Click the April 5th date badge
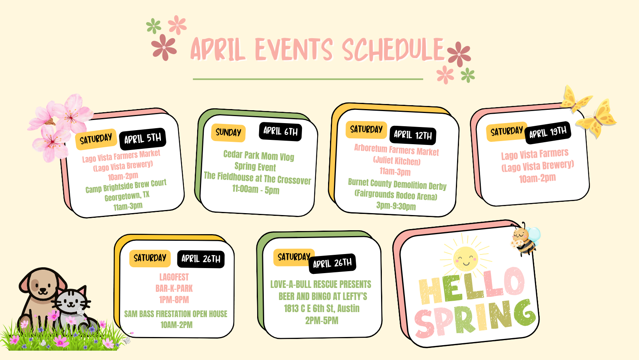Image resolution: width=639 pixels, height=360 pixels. pos(143,139)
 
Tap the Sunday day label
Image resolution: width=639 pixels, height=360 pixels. pos(228,132)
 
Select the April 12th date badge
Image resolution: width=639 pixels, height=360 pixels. pos(413,135)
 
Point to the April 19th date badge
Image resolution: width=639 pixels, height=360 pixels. pos(548,132)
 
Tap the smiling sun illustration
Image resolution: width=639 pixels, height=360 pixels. pos(466,258)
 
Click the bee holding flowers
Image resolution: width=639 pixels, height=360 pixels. pos(525,239)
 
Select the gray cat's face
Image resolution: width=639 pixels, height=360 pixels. pos(72,302)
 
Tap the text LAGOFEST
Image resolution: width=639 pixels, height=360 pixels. pos(174,277)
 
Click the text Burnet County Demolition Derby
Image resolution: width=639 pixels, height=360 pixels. pos(397,184)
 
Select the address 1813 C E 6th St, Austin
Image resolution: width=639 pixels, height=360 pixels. pos(322,308)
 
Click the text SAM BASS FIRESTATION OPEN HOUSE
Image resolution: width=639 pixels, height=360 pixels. pos(176,314)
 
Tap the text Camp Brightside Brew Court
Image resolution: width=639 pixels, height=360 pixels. pos(126,186)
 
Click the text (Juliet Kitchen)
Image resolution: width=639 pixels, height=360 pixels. pos(397,161)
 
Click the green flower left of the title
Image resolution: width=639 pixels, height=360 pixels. pos(154,26)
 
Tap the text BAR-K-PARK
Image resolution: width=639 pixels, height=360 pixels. pos(174,288)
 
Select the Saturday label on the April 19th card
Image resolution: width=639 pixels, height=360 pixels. pos(507,132)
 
